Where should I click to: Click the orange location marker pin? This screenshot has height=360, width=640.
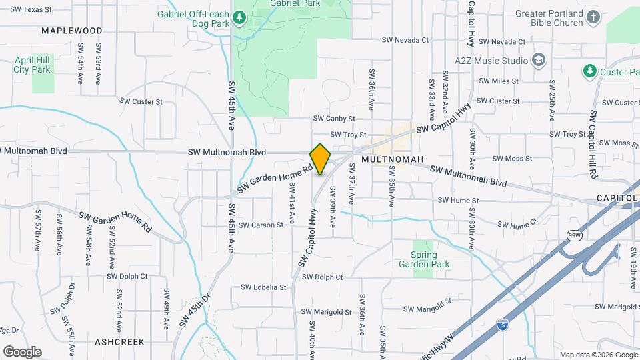(x=320, y=159)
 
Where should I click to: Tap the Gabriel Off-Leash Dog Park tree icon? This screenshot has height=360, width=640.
(x=239, y=18)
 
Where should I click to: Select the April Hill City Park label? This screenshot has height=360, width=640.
(x=32, y=65)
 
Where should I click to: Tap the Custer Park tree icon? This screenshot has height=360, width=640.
(x=589, y=71)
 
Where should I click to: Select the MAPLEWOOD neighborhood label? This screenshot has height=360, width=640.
(x=72, y=31)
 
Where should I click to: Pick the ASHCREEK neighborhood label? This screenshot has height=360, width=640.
(x=119, y=341)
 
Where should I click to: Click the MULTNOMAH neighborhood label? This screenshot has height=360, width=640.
(x=393, y=160)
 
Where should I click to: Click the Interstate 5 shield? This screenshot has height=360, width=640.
(x=503, y=325)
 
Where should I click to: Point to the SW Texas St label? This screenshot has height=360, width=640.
(x=32, y=10)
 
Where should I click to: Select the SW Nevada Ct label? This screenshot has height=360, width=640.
(x=405, y=40)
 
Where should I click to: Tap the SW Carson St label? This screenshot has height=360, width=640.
(x=261, y=225)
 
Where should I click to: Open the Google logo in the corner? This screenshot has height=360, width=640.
(x=22, y=352)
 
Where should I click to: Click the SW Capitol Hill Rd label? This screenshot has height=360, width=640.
(x=592, y=144)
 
